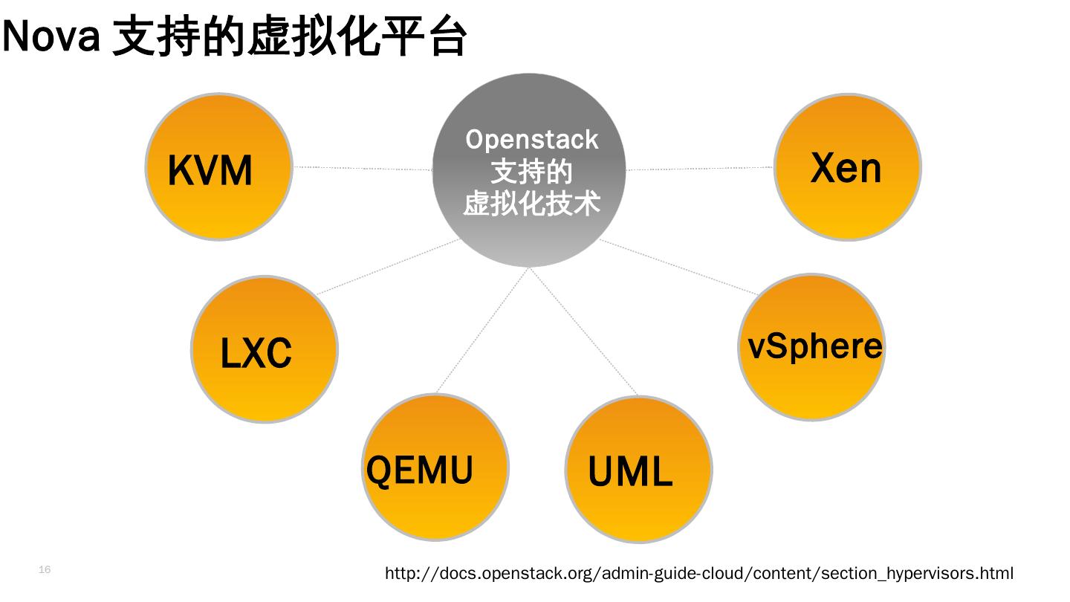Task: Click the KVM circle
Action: pyautogui.click(x=218, y=166)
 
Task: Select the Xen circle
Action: pyautogui.click(x=847, y=166)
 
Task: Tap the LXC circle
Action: pyautogui.click(x=265, y=349)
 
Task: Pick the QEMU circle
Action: pyautogui.click(x=435, y=467)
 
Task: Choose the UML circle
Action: pyautogui.click(x=639, y=469)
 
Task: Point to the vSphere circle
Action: pyautogui.click(x=811, y=347)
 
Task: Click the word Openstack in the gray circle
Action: pyautogui.click(x=532, y=140)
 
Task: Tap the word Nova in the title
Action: pyautogui.click(x=51, y=36)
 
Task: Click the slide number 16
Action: pyautogui.click(x=45, y=569)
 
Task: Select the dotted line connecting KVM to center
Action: pyautogui.click(x=363, y=168)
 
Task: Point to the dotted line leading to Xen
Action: pyautogui.click(x=699, y=168)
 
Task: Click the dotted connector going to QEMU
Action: pyautogui.click(x=482, y=330)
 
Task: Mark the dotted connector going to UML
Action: pyautogui.click(x=583, y=331)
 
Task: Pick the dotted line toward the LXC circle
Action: pyautogui.click(x=388, y=266)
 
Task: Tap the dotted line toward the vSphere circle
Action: pyautogui.click(x=679, y=267)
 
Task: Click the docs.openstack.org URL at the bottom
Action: pyautogui.click(x=698, y=573)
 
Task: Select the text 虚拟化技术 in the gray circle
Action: pyautogui.click(x=531, y=203)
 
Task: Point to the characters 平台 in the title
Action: pyautogui.click(x=424, y=36)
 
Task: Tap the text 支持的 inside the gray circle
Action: pyautogui.click(x=531, y=172)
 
